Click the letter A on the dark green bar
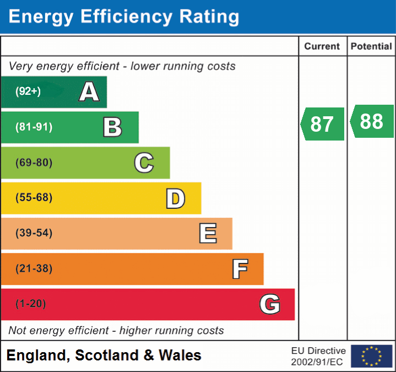point(89,92)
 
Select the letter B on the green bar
point(112,127)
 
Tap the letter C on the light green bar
point(144,163)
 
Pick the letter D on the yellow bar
point(175,198)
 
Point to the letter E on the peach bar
point(208,234)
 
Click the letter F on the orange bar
point(240,269)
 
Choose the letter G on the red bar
point(270,304)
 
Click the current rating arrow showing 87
point(323,124)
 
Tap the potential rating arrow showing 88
point(372,121)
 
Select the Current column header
point(322,47)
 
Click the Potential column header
point(371,47)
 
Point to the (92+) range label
point(28,91)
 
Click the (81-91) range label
point(34,127)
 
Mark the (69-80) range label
point(34,163)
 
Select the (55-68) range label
point(34,198)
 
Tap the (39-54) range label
point(34,233)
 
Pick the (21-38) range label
point(34,269)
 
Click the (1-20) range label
point(31,304)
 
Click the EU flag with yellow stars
point(372,356)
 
